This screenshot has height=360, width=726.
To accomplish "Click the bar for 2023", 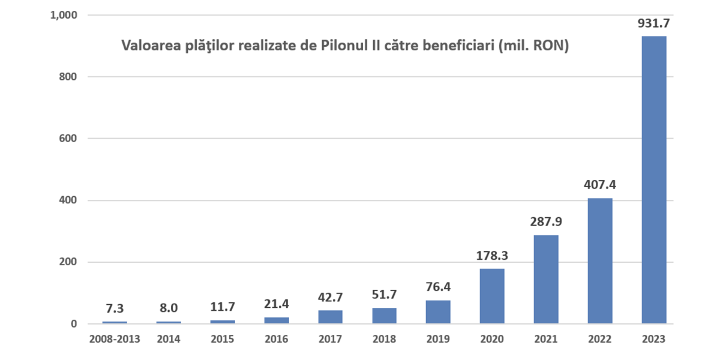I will (653, 180).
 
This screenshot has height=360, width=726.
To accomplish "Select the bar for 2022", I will (600, 261).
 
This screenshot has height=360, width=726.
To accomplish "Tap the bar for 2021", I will (546, 280).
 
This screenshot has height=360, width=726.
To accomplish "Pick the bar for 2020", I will (492, 296).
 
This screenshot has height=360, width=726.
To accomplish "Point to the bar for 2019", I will (438, 312).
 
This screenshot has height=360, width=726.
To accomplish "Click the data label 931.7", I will (653, 24).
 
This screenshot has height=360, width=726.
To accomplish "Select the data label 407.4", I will (600, 185).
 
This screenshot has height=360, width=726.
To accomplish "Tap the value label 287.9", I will (546, 222).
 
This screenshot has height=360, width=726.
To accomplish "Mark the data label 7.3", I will (114, 309).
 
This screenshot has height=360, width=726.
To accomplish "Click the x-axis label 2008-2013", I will (114, 339).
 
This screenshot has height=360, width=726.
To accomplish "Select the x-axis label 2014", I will (168, 339).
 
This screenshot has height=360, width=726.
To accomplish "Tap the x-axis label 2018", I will (384, 339).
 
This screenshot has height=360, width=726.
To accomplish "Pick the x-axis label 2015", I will (222, 339).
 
